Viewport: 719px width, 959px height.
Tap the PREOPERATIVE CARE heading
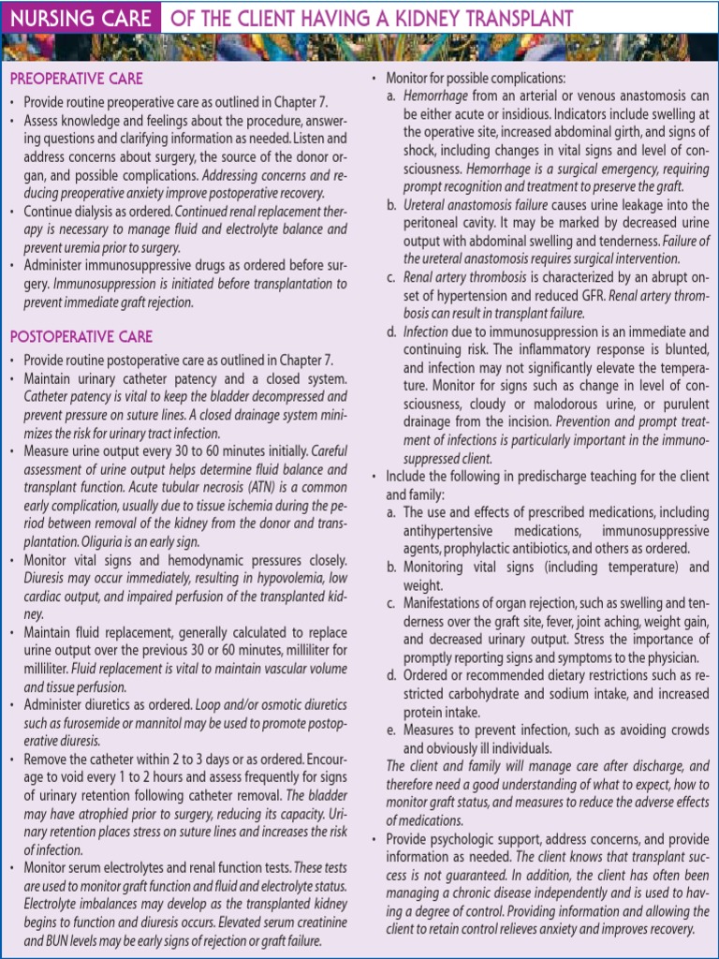click(x=76, y=79)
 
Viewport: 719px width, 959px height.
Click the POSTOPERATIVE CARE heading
click(x=81, y=337)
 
